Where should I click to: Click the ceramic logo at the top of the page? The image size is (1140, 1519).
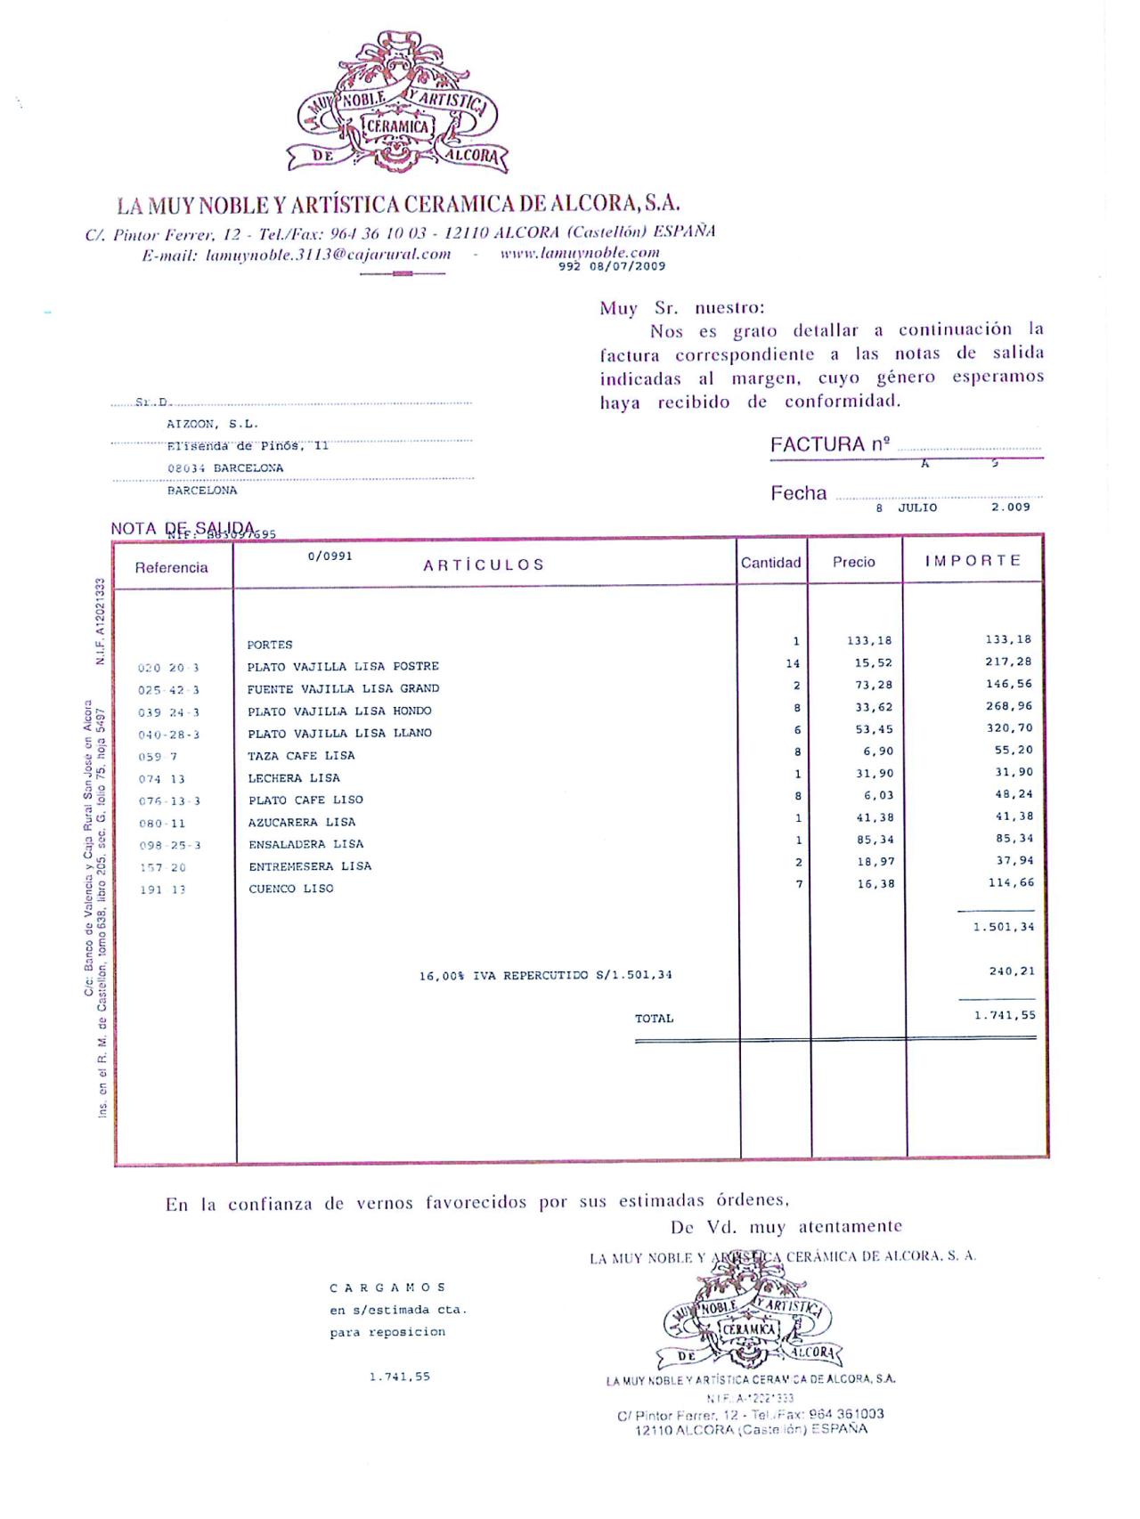(397, 105)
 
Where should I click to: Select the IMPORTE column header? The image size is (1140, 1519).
(972, 561)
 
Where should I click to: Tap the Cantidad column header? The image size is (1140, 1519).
(770, 563)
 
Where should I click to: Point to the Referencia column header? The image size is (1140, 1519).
(171, 568)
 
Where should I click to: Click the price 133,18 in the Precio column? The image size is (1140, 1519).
(869, 641)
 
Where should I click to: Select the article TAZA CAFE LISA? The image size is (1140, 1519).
(301, 756)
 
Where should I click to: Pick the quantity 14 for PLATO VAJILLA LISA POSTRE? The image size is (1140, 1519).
(793, 663)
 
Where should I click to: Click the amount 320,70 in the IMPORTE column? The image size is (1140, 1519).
(1014, 728)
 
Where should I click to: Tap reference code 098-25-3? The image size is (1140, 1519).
(170, 846)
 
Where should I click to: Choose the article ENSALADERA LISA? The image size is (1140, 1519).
(305, 844)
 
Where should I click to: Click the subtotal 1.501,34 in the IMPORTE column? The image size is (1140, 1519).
(1003, 927)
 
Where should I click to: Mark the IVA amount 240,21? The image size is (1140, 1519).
(1011, 971)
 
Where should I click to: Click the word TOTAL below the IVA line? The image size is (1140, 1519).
(654, 1019)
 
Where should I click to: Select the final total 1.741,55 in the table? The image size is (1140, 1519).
(1004, 1015)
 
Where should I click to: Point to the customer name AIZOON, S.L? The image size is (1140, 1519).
(212, 425)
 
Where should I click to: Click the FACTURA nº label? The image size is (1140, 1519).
(829, 444)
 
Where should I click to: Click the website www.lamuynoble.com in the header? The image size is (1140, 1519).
(580, 253)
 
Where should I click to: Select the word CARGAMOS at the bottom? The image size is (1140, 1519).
(387, 1287)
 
